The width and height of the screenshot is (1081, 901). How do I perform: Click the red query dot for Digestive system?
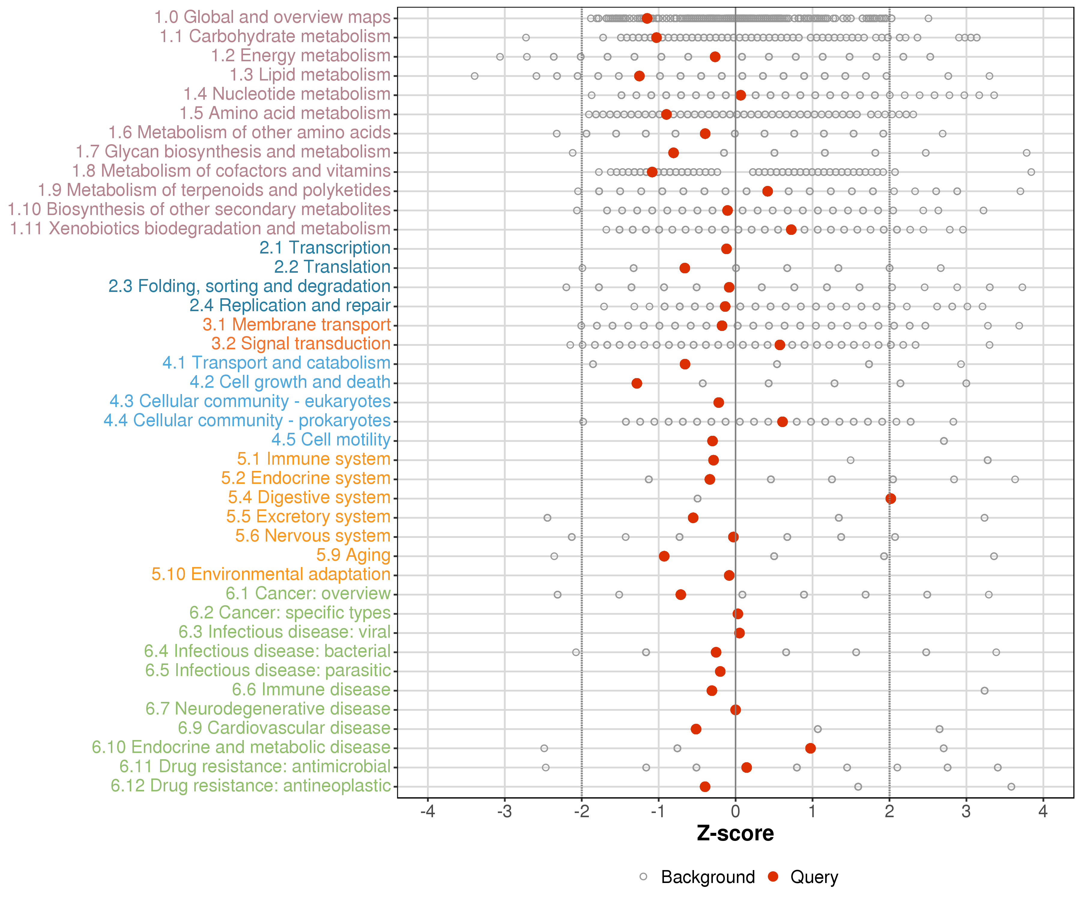tap(891, 498)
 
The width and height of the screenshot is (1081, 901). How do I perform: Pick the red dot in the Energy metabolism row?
tap(715, 57)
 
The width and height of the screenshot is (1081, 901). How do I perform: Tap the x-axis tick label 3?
tap(966, 812)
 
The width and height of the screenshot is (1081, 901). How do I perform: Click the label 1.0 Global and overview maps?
tap(272, 17)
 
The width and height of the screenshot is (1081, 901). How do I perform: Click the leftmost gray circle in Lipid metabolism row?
tap(475, 76)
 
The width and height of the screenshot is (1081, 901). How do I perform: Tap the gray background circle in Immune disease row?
tap(984, 690)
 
